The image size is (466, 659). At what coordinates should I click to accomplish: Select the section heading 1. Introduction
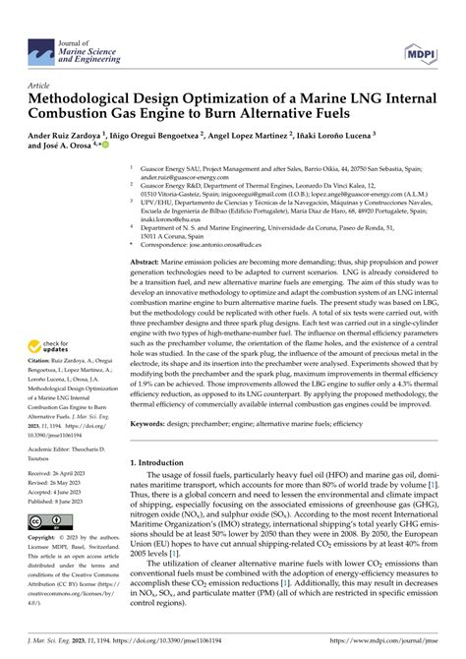(164, 489)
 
